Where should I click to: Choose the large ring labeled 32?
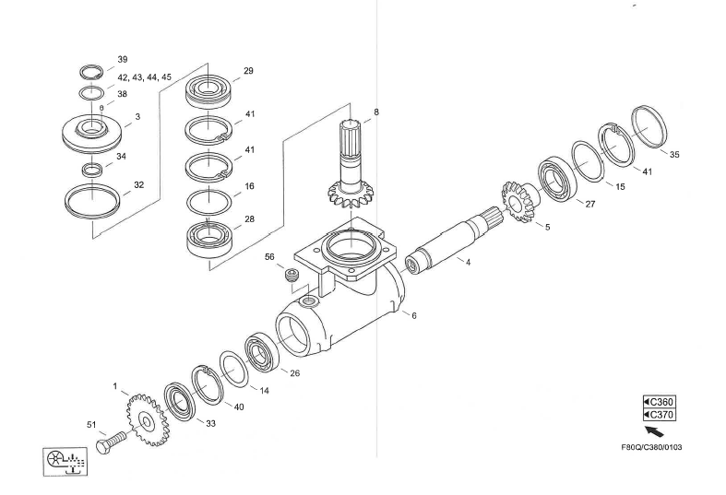[94, 199]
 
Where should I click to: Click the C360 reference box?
[659, 402]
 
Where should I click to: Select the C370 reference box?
[659, 416]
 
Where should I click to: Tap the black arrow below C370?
[654, 431]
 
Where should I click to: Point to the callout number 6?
[414, 315]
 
